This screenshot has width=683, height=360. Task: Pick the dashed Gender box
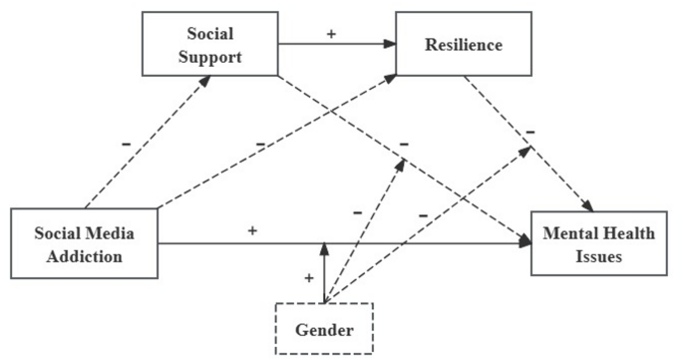(x=324, y=326)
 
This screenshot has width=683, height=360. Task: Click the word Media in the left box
(x=109, y=233)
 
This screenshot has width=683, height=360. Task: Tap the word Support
(x=210, y=57)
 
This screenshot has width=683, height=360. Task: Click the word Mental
(x=569, y=233)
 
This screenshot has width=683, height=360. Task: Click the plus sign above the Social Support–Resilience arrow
(x=331, y=33)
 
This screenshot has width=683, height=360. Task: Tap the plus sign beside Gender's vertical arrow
(x=309, y=278)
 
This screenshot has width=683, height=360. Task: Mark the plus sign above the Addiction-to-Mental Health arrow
(x=252, y=230)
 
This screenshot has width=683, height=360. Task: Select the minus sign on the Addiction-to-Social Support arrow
(x=126, y=144)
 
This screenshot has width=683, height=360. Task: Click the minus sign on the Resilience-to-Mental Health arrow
(x=530, y=131)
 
